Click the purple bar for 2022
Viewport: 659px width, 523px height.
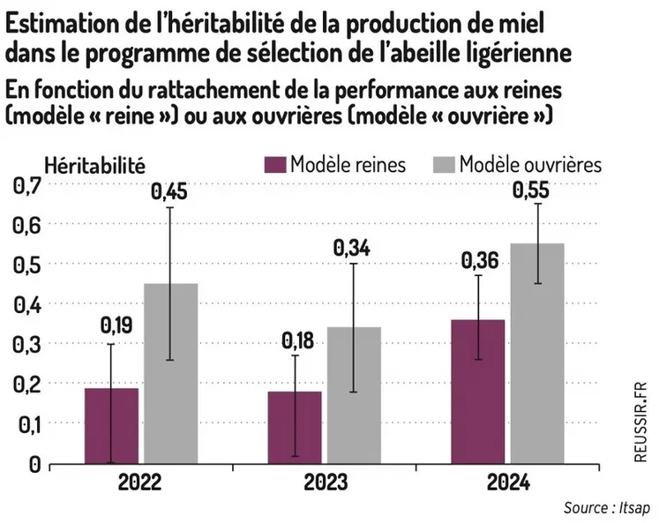[111, 425]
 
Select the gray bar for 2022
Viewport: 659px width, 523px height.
[170, 373]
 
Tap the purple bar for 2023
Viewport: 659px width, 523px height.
[295, 427]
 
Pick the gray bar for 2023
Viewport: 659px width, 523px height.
[354, 395]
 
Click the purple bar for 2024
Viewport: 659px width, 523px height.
[478, 391]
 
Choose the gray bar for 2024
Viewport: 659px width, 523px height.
[537, 353]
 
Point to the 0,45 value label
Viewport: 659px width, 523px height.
[170, 191]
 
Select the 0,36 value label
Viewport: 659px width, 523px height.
[478, 261]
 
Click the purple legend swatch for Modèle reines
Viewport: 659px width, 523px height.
[276, 165]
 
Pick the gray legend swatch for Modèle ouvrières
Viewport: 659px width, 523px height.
[446, 165]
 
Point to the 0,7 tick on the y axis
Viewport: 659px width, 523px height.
[26, 186]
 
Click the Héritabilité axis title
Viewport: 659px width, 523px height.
[94, 163]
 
